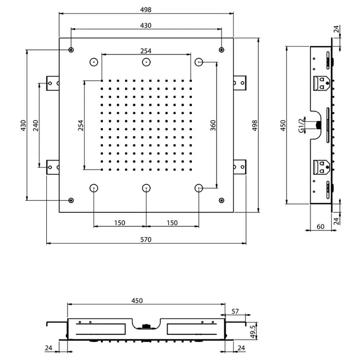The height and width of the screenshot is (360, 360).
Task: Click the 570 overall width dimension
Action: click(146, 240)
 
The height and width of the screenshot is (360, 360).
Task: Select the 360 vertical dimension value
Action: click(213, 125)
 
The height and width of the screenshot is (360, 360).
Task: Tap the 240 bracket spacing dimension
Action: click(35, 125)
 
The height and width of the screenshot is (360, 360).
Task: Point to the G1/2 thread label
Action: click(302, 125)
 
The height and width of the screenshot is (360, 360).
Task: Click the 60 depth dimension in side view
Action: click(320, 227)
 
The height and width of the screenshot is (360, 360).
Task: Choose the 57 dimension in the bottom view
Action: click(235, 311)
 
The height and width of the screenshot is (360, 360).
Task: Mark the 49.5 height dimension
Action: click(253, 332)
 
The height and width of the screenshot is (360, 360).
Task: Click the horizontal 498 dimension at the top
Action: click(146, 10)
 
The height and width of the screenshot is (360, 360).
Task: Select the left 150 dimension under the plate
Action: click(120, 223)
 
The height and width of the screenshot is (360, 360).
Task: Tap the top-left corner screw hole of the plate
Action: click(71, 50)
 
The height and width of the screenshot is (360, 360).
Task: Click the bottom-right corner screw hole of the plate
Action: click(221, 201)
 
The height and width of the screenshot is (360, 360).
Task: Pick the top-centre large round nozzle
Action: click(146, 62)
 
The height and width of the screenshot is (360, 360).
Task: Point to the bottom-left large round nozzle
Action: click(94, 188)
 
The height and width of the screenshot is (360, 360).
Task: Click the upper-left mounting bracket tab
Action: click(52, 83)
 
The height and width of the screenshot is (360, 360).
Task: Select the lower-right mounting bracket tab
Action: click(240, 167)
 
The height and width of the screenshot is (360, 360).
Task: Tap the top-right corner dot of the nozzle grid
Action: click(191, 81)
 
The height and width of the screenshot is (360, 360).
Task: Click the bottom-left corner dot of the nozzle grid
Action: click(102, 170)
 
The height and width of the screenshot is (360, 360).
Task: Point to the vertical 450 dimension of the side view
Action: click(283, 125)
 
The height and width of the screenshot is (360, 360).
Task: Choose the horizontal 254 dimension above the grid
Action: click(146, 51)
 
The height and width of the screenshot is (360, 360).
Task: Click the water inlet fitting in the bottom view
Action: click(146, 326)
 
